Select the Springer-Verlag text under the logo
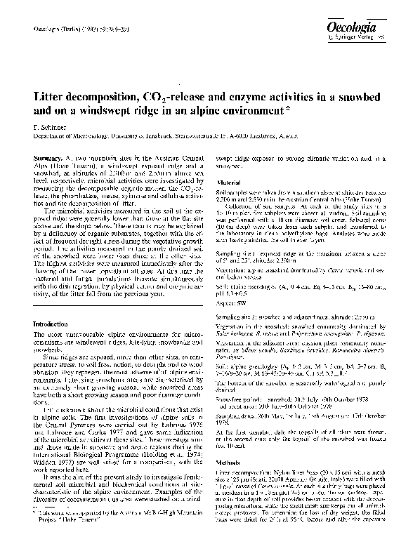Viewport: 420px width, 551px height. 379,35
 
